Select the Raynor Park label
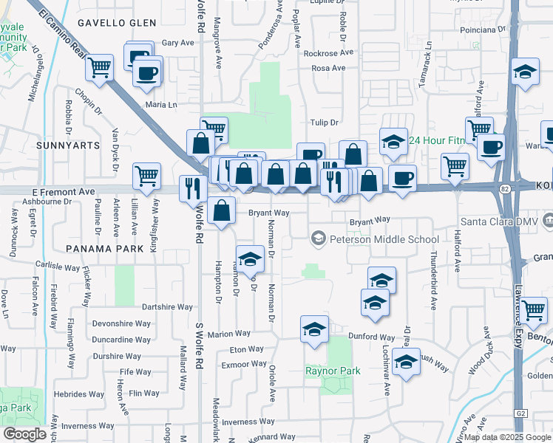pyautogui.click(x=333, y=370)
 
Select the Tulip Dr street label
pyautogui.click(x=323, y=123)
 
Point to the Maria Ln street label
pyautogui.click(x=162, y=105)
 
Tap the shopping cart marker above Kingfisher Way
pyautogui.click(x=147, y=176)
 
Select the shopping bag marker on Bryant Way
pyautogui.click(x=222, y=210)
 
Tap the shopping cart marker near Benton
pyautogui.click(x=532, y=310)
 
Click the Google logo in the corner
pyautogui.click(x=24, y=434)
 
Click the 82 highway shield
pyautogui.click(x=504, y=190)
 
